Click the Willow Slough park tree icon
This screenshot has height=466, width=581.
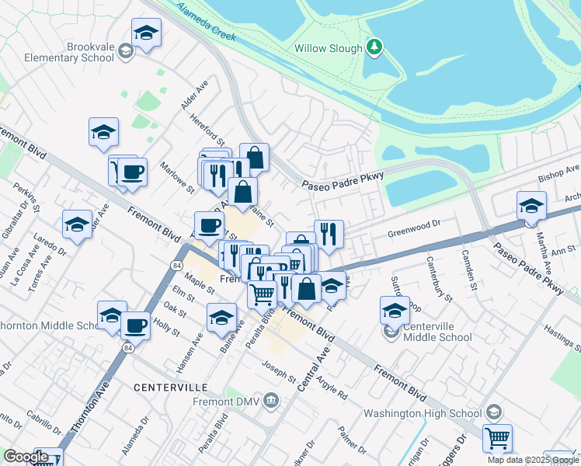[375, 48]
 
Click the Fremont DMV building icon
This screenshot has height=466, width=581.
[271, 401]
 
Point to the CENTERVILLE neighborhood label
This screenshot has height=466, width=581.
[170, 387]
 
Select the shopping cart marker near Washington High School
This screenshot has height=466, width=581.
[497, 437]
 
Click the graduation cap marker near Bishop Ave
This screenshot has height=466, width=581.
[531, 206]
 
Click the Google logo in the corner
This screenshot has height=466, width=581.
[26, 457]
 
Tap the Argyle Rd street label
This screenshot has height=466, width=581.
[332, 385]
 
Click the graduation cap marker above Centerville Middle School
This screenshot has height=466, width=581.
[395, 311]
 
